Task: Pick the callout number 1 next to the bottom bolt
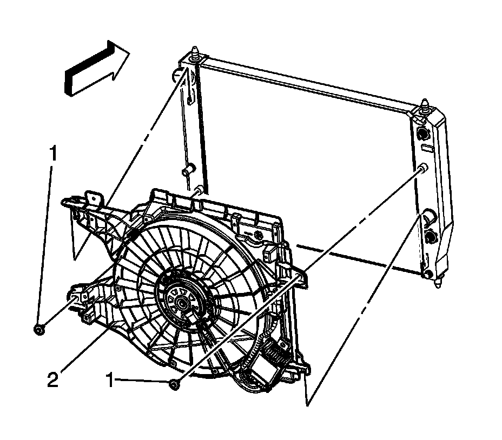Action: tap(110, 382)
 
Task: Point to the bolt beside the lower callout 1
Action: tap(173, 384)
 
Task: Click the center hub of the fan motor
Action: tap(179, 304)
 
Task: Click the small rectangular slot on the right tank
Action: tap(425, 146)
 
